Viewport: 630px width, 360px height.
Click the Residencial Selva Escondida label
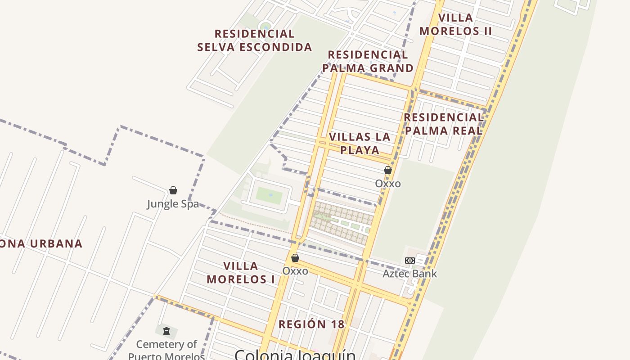coord(255,40)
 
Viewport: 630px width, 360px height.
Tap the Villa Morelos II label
coord(455,24)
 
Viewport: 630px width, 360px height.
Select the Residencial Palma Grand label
coord(368,61)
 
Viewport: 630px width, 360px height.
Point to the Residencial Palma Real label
coord(443,124)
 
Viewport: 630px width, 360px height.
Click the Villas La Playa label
coord(360,143)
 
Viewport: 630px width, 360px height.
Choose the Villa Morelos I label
coord(241,272)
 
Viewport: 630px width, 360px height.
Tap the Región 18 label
coord(311,324)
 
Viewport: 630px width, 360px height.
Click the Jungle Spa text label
coord(173,204)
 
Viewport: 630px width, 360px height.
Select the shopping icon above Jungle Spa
coord(173,190)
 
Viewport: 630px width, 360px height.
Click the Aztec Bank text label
coord(409,274)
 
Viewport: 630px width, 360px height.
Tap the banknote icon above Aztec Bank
coord(409,261)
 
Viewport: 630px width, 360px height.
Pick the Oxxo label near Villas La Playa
coord(388,184)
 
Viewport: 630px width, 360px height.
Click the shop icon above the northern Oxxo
coord(388,170)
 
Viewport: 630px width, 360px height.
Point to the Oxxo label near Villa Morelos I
coord(295,271)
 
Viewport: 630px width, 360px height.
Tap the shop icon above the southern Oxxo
coord(295,258)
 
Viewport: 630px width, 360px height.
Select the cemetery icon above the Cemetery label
coord(166,332)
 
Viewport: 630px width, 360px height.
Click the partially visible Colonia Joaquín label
coord(295,355)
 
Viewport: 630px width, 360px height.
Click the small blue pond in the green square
coord(270,195)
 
